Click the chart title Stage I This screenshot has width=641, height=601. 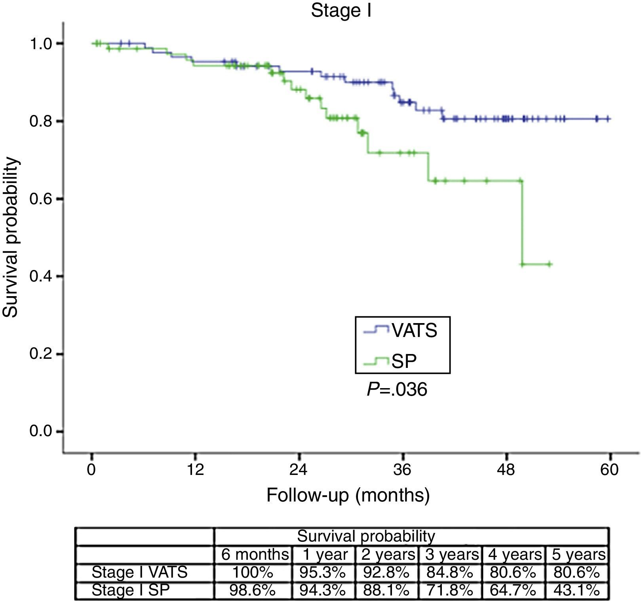click(341, 11)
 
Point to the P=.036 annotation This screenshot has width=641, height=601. click(397, 390)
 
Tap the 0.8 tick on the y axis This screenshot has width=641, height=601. click(41, 121)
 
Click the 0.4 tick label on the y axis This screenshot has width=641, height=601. click(41, 276)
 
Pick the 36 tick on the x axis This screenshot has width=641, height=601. click(402, 470)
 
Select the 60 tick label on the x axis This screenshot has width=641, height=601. click(609, 470)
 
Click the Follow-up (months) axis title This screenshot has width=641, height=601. click(348, 495)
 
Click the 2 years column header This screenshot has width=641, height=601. click(388, 554)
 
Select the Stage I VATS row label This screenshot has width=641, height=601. click(139, 572)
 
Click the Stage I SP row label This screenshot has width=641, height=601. click(130, 590)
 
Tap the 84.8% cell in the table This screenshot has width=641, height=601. click(449, 572)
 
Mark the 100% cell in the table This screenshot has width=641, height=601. click(253, 572)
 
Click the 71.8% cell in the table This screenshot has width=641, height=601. click(449, 590)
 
